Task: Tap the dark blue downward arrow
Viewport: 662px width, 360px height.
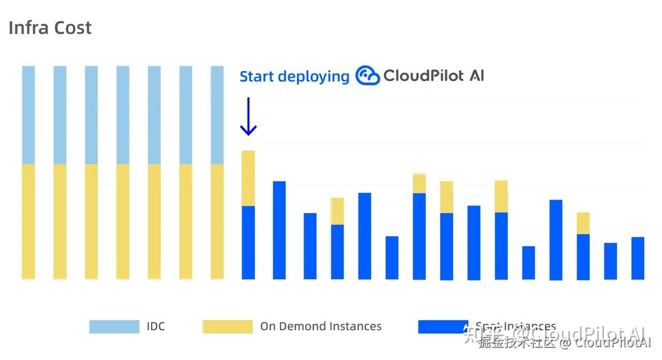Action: [x=248, y=116]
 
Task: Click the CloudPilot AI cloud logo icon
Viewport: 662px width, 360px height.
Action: [x=367, y=76]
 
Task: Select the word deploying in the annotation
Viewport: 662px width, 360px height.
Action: [x=313, y=77]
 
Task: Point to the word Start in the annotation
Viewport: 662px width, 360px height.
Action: [x=257, y=77]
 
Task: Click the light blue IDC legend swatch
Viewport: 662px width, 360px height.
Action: [x=114, y=326]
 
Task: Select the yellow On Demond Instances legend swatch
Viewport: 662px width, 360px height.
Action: [x=228, y=326]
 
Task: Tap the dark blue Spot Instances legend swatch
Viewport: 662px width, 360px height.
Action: [x=440, y=326]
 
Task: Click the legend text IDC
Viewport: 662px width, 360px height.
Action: [x=156, y=326]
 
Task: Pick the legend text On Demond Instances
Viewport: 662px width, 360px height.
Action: [x=321, y=326]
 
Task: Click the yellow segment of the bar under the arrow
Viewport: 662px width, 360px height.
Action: [x=248, y=178]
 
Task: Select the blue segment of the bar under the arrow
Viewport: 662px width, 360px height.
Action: [x=248, y=242]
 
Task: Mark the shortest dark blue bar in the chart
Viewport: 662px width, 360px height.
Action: [x=529, y=263]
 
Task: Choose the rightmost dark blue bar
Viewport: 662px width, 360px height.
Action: [x=638, y=258]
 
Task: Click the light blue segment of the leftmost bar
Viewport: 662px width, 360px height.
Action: [x=28, y=115]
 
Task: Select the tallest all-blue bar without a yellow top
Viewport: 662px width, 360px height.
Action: [x=279, y=230]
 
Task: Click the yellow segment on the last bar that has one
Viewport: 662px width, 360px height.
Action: [x=583, y=223]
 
